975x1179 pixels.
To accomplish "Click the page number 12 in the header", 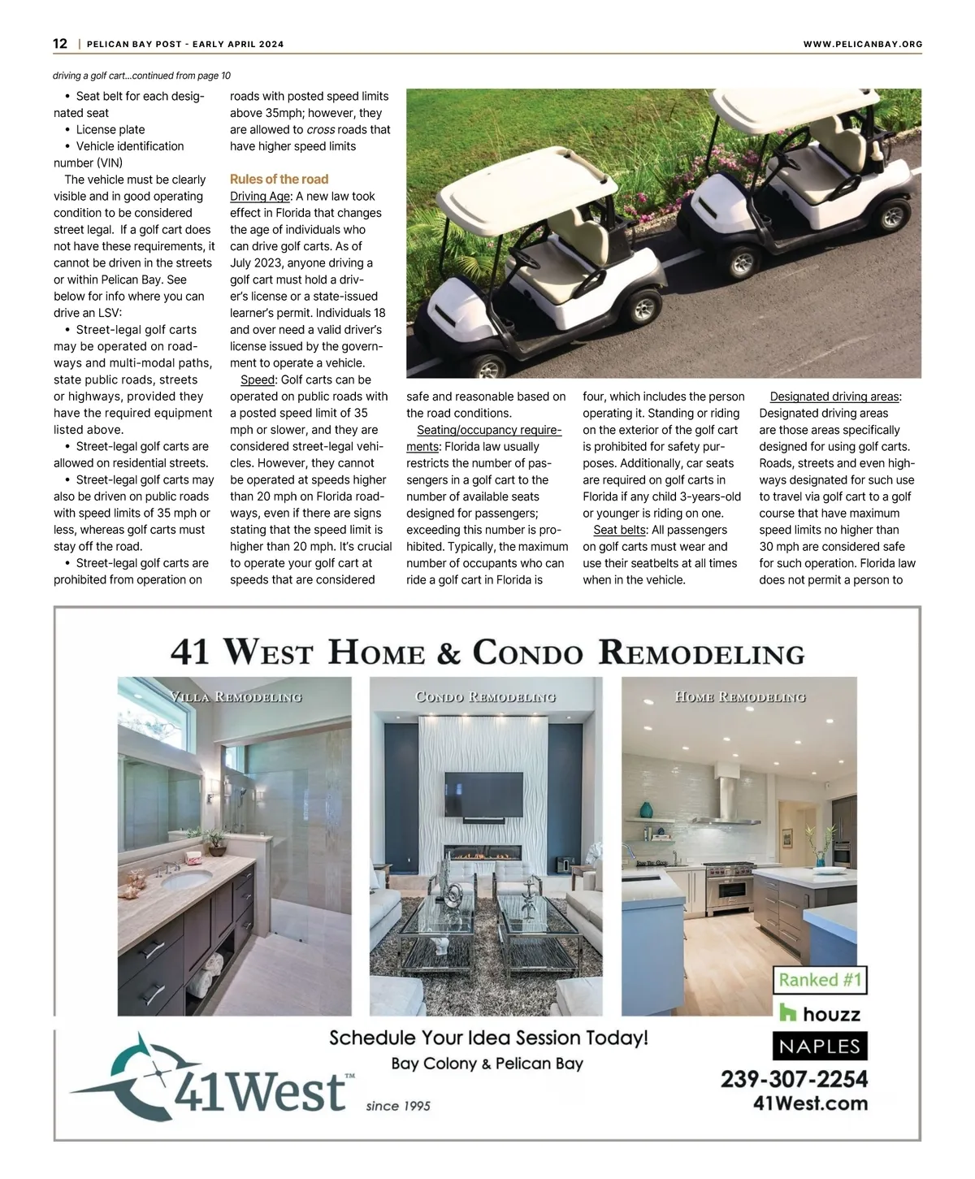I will coord(60,44).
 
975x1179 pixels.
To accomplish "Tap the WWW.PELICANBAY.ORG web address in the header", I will coord(862,45).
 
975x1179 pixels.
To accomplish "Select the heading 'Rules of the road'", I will coord(279,180).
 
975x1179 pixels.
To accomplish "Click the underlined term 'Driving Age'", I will coord(259,197).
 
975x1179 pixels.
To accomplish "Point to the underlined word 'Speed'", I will coord(258,380).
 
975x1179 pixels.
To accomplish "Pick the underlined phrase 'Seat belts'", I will coord(619,530).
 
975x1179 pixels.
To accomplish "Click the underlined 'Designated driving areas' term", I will coord(834,397).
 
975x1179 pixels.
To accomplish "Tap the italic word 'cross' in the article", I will coord(320,130).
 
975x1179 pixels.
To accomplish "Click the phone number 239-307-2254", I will coord(794,1079).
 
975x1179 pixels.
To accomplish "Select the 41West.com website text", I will coord(810,1103).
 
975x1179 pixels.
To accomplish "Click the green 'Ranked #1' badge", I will coord(820,980).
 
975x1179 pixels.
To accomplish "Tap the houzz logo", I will coord(820,1013).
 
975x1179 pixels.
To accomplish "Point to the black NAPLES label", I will coord(820,1046).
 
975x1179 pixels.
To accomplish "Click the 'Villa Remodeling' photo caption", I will coord(236,697).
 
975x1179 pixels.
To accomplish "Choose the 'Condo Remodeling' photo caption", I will coord(485,697).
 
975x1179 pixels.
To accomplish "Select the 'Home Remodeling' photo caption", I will coord(739,697).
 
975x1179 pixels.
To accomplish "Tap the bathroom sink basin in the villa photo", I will coord(187,880).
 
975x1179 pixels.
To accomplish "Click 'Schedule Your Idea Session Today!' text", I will coord(488,1038).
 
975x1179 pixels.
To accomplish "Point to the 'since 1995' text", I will coord(398,1106).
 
